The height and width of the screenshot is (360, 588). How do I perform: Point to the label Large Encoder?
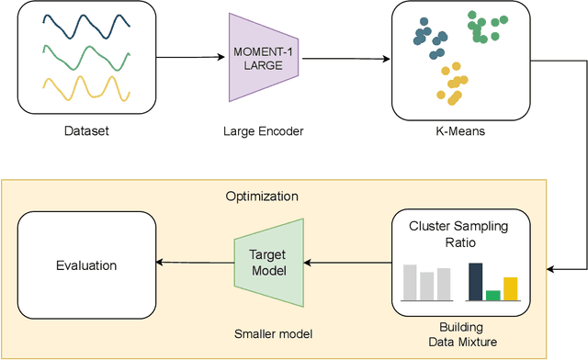pos(264,131)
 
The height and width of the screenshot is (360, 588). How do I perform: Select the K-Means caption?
pos(459,131)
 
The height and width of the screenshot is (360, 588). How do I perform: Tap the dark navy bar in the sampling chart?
pos(475,282)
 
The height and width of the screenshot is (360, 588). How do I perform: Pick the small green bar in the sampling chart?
pos(493,295)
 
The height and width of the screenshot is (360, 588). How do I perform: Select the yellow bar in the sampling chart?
pos(511,288)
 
